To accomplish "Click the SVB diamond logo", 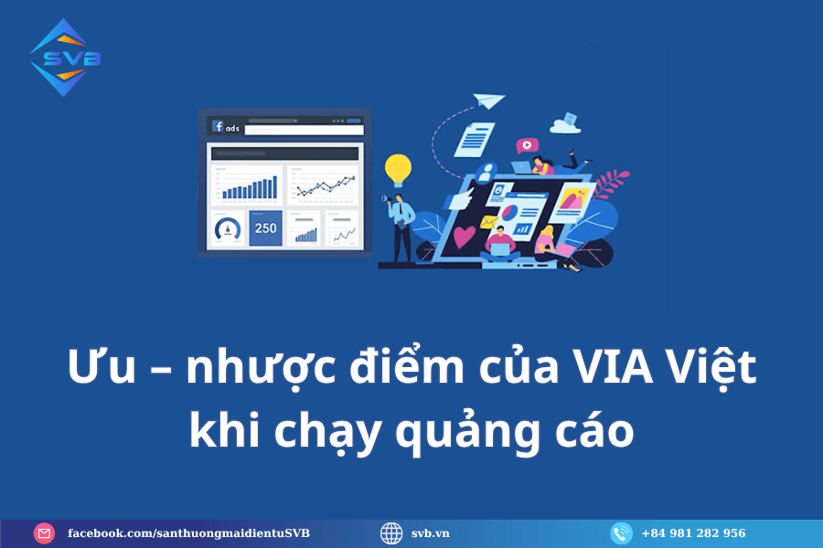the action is pyautogui.click(x=65, y=58).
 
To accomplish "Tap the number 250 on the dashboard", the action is pyautogui.click(x=265, y=228).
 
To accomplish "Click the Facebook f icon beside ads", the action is pyautogui.click(x=218, y=126).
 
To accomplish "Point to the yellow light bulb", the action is pyautogui.click(x=398, y=170).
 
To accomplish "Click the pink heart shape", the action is pyautogui.click(x=464, y=236).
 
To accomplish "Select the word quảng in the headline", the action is pyautogui.click(x=467, y=432).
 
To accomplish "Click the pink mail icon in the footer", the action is pyautogui.click(x=44, y=533).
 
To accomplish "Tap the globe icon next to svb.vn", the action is pyautogui.click(x=391, y=533).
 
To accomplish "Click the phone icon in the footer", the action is pyautogui.click(x=622, y=533).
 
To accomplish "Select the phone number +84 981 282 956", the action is pyautogui.click(x=693, y=533).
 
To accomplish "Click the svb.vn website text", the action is pyautogui.click(x=431, y=533).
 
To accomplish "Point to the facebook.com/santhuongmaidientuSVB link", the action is pyautogui.click(x=188, y=533).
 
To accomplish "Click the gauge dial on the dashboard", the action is pyautogui.click(x=228, y=228).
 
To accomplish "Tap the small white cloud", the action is pyautogui.click(x=565, y=124).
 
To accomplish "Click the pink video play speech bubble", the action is pyautogui.click(x=527, y=145).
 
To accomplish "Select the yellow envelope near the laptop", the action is pyautogui.click(x=488, y=222).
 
